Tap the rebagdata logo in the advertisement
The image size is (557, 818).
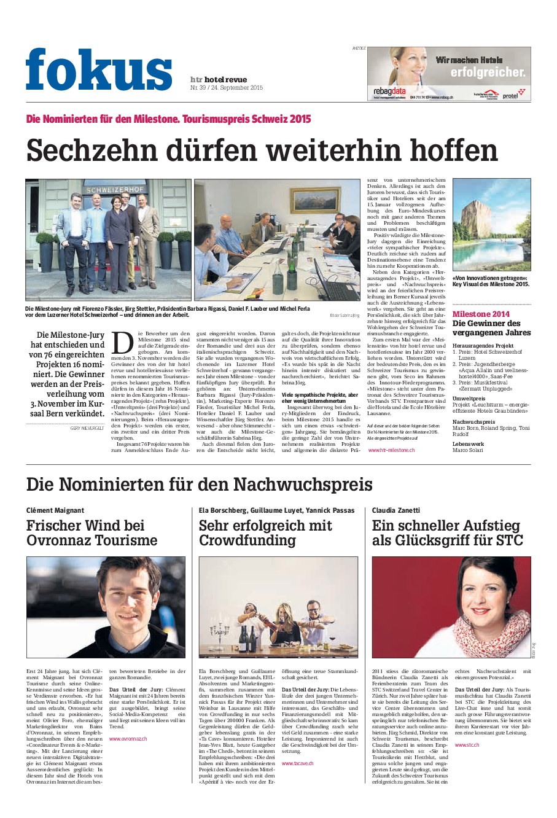click(389, 92)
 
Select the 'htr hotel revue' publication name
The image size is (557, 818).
click(219, 80)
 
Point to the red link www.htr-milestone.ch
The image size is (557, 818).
click(391, 450)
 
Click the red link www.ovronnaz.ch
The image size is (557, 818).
click(128, 739)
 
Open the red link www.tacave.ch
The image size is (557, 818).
click(297, 763)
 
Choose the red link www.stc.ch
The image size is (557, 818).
click(467, 744)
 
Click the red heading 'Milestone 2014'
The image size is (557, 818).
click(481, 314)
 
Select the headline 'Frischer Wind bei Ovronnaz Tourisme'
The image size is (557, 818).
click(92, 533)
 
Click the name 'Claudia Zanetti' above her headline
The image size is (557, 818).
click(396, 510)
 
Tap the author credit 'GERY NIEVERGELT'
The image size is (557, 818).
click(87, 427)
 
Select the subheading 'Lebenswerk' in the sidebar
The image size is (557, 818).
click(468, 444)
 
